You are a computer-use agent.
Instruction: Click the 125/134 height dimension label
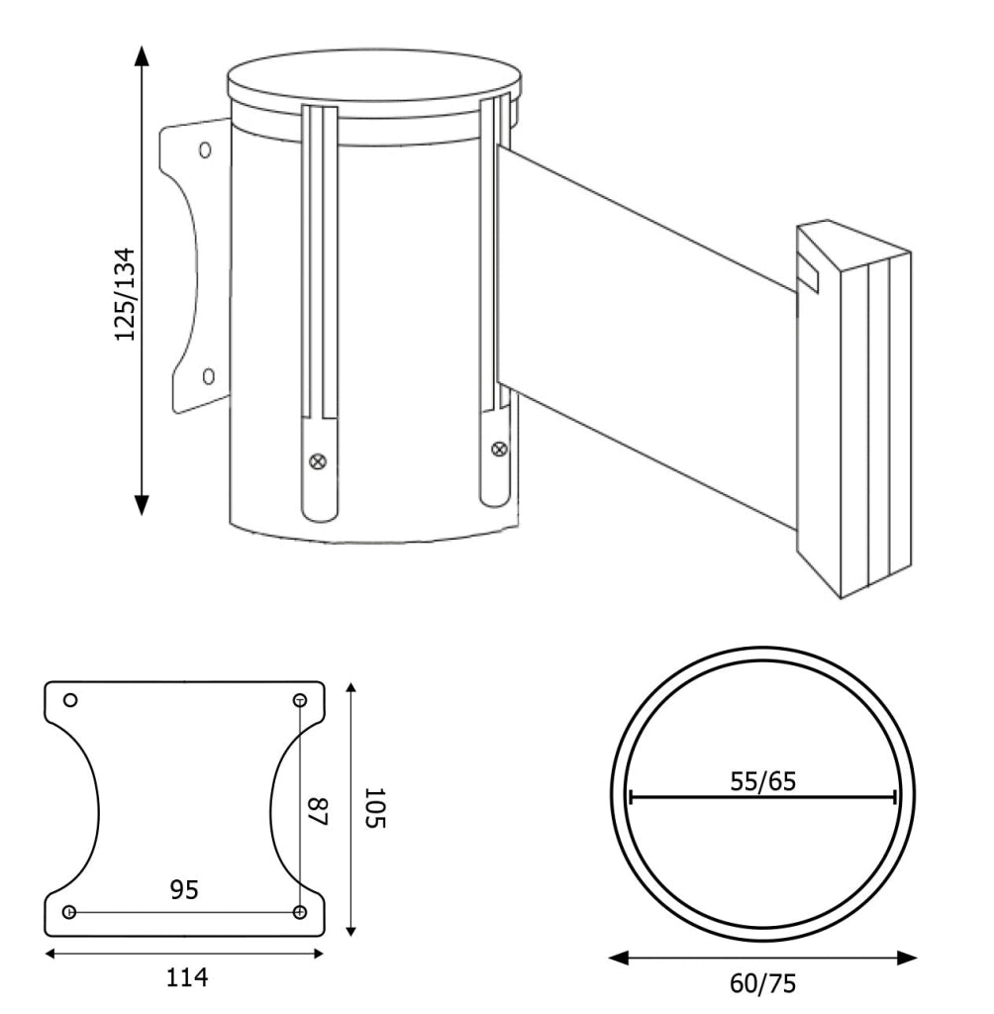click(126, 294)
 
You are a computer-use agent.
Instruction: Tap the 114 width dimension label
click(187, 977)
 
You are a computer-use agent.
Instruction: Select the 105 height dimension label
click(374, 808)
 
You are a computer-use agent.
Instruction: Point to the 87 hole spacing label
click(318, 812)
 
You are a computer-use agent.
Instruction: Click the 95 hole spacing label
click(184, 890)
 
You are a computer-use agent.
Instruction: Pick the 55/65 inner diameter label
click(763, 782)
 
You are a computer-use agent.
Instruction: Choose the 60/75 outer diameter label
click(763, 984)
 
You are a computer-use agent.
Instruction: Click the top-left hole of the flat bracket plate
click(71, 700)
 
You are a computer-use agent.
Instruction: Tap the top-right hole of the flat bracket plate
click(300, 700)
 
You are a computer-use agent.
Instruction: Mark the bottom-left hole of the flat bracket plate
click(69, 912)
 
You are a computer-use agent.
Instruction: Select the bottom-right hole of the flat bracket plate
click(299, 912)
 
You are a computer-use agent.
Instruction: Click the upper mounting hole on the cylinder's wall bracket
click(205, 151)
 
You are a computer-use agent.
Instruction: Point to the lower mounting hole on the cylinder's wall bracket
click(208, 375)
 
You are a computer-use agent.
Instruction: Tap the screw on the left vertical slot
click(318, 461)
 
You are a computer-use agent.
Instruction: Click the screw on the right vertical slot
click(499, 449)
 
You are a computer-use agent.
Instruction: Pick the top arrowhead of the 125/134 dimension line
click(142, 55)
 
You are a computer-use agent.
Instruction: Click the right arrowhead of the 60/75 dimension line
click(907, 958)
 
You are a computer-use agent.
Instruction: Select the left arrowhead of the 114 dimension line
click(50, 954)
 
